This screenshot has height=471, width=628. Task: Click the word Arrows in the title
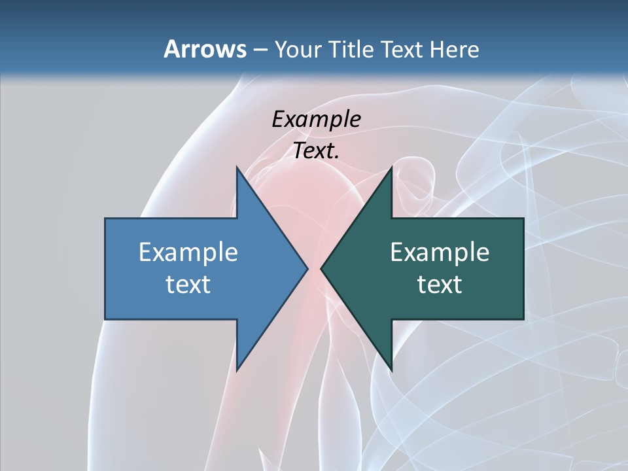tap(204, 49)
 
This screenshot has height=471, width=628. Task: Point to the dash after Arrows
tap(260, 50)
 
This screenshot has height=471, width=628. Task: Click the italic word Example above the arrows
tap(316, 119)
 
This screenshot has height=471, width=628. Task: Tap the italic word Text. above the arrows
tap(316, 150)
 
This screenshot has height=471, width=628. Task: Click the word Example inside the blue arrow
tap(188, 252)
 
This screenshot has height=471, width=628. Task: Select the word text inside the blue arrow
tap(188, 284)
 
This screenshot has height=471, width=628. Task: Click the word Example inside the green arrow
tap(440, 252)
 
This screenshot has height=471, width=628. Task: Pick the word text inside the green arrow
tap(440, 284)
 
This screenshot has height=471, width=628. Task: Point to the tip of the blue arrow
tap(307, 268)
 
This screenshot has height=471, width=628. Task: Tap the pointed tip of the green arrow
tap(321, 268)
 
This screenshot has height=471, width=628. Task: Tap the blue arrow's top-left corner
tap(106, 219)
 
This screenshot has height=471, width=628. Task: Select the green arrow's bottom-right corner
tap(523, 319)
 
